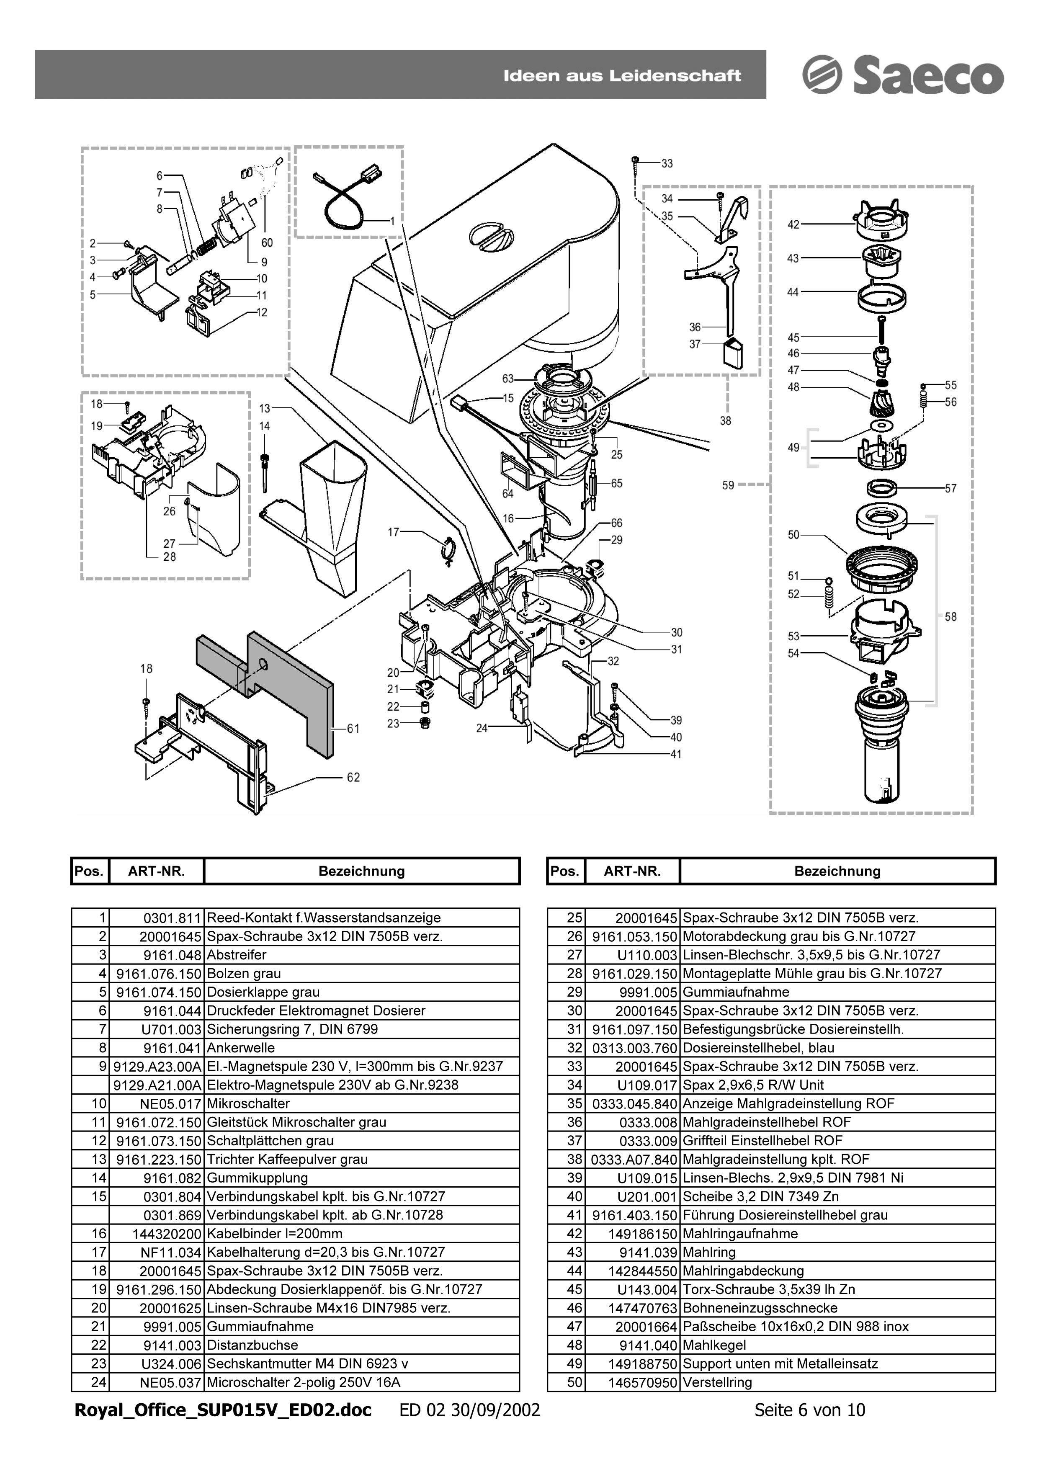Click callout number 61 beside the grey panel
tap(353, 728)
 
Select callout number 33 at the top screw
tap(667, 164)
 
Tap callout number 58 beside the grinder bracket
tap(950, 617)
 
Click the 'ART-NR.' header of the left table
tap(157, 871)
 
